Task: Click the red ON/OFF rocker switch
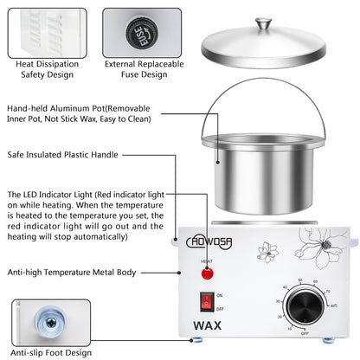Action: pos(207,302)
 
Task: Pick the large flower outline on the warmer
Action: pos(325,254)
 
